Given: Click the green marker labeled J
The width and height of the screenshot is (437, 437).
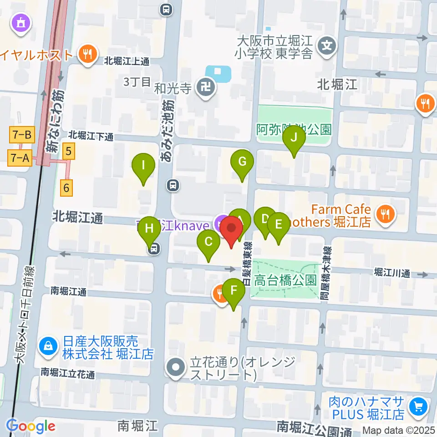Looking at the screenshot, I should click(294, 137).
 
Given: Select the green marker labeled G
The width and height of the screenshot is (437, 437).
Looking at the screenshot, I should click(242, 162).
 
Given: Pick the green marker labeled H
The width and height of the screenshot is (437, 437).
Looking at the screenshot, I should click(149, 229).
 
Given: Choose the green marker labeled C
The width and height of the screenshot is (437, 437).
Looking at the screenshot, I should click(208, 242).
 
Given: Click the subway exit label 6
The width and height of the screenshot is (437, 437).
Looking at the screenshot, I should click(67, 187).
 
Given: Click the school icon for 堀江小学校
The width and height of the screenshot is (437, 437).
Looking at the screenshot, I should click(327, 46).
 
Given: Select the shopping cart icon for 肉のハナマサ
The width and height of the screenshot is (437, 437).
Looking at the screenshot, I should click(417, 406).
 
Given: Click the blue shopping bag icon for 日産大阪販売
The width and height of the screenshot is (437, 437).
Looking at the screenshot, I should click(47, 346).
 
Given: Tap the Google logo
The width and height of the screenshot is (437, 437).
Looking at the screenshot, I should click(30, 426).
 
